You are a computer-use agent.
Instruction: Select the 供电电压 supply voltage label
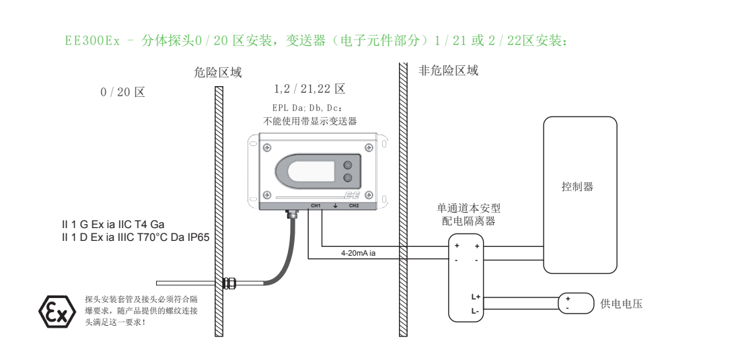pyautogui.click(x=622, y=304)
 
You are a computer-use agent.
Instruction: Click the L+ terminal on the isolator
pyautogui.click(x=475, y=297)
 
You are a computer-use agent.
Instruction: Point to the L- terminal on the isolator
pyautogui.click(x=475, y=311)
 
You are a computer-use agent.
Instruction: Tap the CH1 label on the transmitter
pyautogui.click(x=316, y=206)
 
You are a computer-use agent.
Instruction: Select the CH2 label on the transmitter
pyautogui.click(x=354, y=206)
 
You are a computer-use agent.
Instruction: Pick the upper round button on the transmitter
pyautogui.click(x=348, y=165)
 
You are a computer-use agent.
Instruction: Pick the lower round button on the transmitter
pyautogui.click(x=348, y=178)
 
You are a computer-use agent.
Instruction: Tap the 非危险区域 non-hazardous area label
pyautogui.click(x=448, y=71)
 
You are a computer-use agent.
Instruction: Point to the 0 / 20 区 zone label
pyautogui.click(x=122, y=92)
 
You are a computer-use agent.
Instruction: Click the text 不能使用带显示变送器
pyautogui.click(x=309, y=122)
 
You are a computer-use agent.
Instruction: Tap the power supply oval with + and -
pyautogui.click(x=576, y=303)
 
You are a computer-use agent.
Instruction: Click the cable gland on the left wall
pyautogui.click(x=228, y=283)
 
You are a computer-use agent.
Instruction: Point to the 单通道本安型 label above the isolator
pyautogui.click(x=468, y=208)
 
